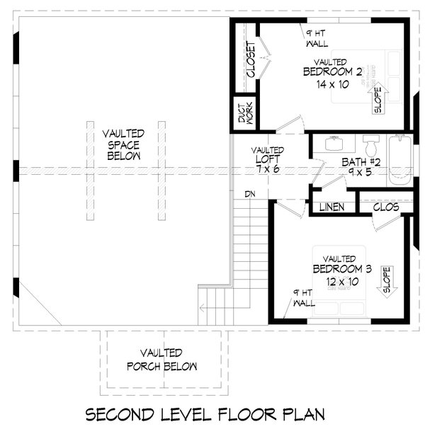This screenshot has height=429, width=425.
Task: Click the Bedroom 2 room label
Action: click(332, 71)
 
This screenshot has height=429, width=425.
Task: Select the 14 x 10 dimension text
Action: click(332, 84)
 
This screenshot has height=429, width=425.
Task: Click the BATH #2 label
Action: click(361, 163)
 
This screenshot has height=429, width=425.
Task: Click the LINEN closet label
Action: click(331, 207)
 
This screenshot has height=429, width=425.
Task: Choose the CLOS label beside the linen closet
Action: click(385, 207)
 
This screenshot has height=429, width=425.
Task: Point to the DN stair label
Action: click(250, 193)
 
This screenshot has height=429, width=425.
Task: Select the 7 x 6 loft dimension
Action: click(267, 170)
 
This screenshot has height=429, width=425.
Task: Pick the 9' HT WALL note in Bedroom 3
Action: click(302, 297)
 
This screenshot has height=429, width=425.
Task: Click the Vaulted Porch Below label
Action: click(161, 359)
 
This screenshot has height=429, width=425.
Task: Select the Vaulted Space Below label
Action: click(124, 144)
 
